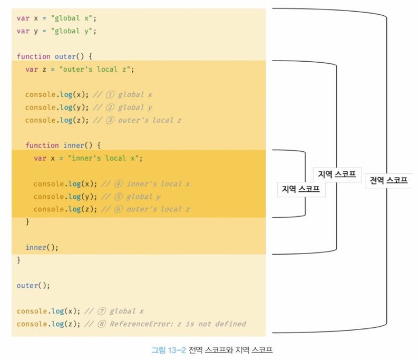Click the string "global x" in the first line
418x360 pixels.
tap(74, 18)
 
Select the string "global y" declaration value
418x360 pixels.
tap(74, 31)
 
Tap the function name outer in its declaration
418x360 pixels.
tap(65, 56)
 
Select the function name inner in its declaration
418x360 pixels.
tap(74, 145)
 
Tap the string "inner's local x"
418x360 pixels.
tap(105, 158)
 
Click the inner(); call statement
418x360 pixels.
tap(42, 247)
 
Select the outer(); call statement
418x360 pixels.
tap(33, 286)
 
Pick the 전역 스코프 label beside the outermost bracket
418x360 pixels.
tap(388, 180)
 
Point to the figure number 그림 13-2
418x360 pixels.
tap(169, 349)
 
